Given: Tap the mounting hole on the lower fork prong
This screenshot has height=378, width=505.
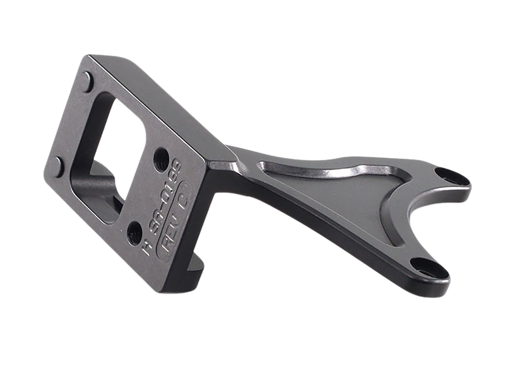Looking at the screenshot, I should pos(420,265).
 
